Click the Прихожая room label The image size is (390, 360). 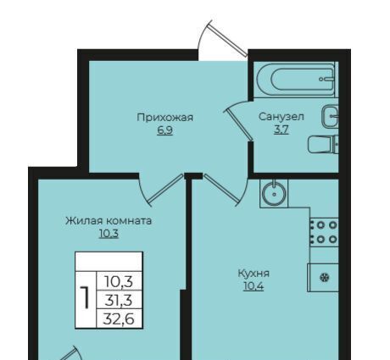coord(164,118)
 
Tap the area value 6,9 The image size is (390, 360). coord(164,130)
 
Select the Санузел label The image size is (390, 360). coord(281,117)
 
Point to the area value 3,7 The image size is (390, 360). coord(281,130)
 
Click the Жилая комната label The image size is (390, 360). coord(109,221)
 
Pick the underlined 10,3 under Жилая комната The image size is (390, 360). coord(109,234)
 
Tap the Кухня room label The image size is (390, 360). coord(253,274)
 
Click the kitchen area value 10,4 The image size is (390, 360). coord(253,286)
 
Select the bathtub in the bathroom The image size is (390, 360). coord(296,80)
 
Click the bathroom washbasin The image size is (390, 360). coord(330,116)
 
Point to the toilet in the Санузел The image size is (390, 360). coord(323,145)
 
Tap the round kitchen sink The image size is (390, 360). coord(274,194)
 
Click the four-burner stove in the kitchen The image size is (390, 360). coord(324,232)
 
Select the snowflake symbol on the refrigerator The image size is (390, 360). coord(325,278)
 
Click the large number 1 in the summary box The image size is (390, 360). coord(85,297)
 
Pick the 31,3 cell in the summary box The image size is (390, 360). coord(119,300)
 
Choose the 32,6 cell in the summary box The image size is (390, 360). coord(119,319)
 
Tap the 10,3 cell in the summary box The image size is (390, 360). coord(119,281)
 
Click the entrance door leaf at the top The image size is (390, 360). coord(227,39)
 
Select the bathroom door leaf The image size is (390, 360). coord(238,125)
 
